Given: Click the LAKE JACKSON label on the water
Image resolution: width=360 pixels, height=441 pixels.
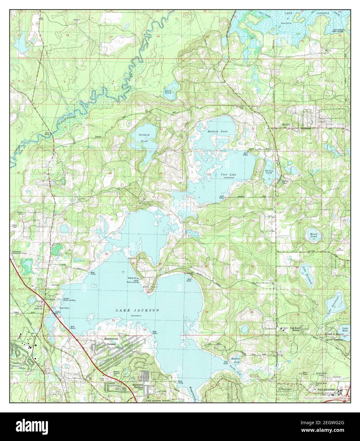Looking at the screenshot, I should (137, 310).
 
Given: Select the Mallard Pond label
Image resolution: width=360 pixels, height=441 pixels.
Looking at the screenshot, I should (217, 131).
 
